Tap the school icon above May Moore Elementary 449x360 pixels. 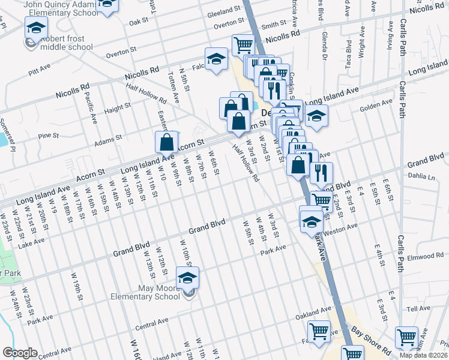(x=187, y=278)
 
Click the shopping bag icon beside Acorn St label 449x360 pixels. (x=167, y=143)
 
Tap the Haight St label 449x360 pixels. (x=117, y=108)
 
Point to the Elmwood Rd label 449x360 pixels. (x=424, y=256)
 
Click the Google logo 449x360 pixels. (x=19, y=353)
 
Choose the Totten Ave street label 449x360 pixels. (x=174, y=88)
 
